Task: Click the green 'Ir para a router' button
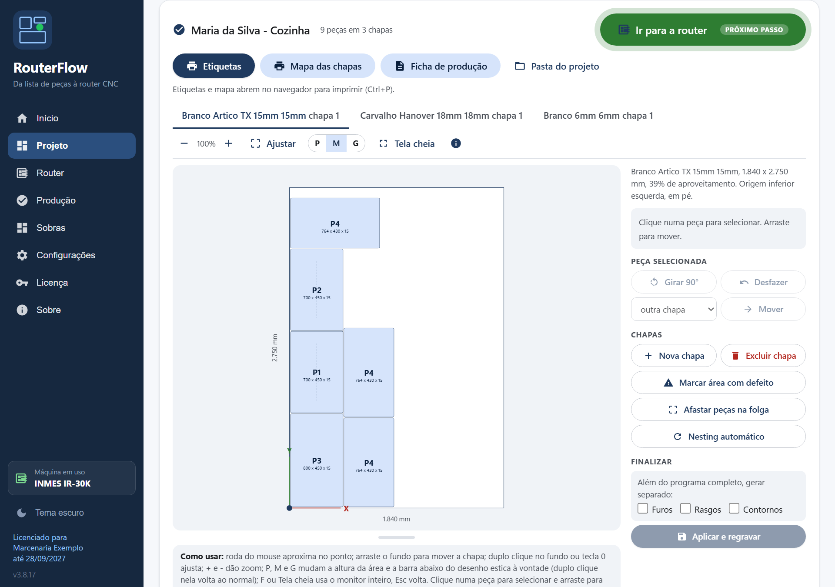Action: (x=702, y=30)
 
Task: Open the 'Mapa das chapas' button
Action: (x=317, y=66)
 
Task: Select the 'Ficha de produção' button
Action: (x=440, y=66)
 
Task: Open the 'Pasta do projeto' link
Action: (x=557, y=66)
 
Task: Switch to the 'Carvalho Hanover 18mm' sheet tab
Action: (x=441, y=116)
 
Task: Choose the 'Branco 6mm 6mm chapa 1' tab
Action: (x=598, y=116)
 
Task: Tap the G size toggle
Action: (x=356, y=143)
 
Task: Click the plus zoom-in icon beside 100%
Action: (x=228, y=143)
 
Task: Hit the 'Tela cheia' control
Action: (x=407, y=143)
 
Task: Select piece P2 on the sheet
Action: (x=317, y=290)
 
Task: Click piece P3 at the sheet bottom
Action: (x=317, y=460)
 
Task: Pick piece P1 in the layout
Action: (x=317, y=372)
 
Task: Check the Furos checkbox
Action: (x=643, y=508)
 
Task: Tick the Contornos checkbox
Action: (x=734, y=508)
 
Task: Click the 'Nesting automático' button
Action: (x=718, y=437)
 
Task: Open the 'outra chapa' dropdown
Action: (x=674, y=309)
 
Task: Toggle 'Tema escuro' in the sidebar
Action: (x=50, y=513)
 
